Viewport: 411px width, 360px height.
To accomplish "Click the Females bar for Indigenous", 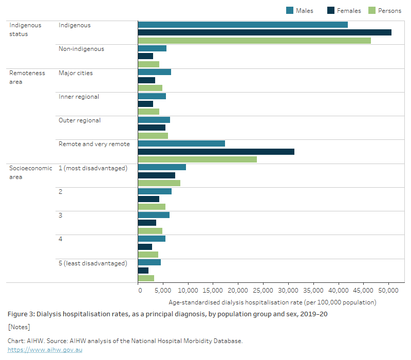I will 265,32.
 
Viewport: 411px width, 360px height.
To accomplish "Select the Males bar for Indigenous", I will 242,25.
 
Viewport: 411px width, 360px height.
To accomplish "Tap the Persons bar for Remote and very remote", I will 197,159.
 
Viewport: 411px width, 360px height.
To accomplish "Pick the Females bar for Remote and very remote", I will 216,152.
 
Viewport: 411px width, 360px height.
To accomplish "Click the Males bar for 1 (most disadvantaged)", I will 162,167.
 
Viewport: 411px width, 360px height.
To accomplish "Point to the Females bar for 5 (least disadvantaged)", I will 143,271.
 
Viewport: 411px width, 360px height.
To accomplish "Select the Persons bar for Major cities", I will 150,88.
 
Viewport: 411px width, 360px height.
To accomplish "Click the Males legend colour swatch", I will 290,10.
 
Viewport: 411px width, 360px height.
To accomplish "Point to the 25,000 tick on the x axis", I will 263,290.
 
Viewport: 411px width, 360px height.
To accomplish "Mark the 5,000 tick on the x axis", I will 163,290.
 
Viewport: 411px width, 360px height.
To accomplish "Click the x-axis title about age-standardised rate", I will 272,302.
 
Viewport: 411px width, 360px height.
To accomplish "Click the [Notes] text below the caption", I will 19,327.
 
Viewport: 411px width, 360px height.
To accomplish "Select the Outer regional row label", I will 80,120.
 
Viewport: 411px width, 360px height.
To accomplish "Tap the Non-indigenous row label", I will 81,49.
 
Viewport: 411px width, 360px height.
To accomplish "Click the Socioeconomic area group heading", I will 30,172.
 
